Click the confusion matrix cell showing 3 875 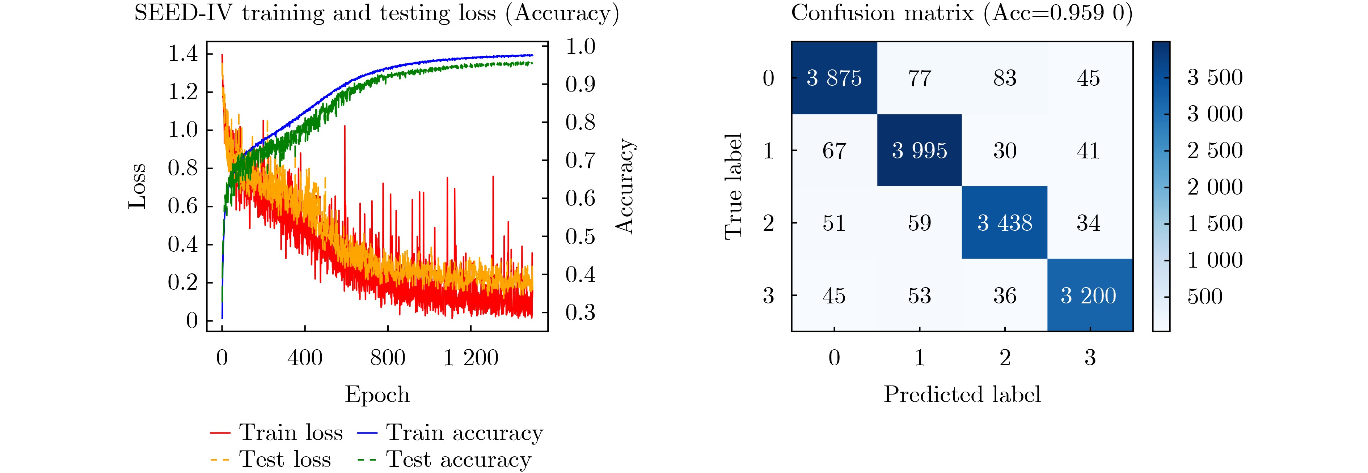[834, 78]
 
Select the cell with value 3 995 [919, 151]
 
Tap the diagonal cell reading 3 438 [1005, 223]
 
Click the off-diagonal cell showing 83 [1005, 78]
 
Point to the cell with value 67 [834, 151]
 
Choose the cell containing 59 [919, 223]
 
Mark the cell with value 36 [1005, 296]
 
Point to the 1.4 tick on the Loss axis [183, 54]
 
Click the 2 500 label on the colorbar [1215, 151]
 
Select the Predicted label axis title [962, 395]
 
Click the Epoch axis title [377, 395]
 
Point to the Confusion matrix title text [962, 13]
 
